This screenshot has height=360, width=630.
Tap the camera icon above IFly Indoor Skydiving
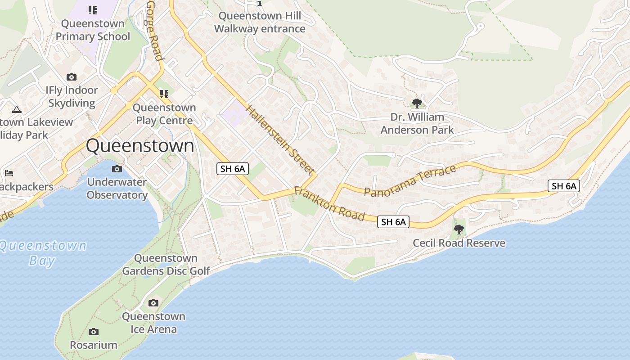[x=72, y=77]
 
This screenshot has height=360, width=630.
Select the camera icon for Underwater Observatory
[x=117, y=169]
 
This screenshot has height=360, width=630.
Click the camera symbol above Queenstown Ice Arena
[x=153, y=303]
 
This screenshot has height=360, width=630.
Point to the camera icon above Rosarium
[x=94, y=332]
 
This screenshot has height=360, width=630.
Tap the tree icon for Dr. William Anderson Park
[x=417, y=103]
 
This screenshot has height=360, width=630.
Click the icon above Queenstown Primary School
[x=93, y=10]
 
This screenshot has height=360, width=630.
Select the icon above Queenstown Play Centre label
[x=164, y=94]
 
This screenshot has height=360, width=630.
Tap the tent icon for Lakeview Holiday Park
[x=17, y=109]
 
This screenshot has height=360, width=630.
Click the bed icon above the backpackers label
[x=9, y=173]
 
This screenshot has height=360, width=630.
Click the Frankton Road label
[x=329, y=203]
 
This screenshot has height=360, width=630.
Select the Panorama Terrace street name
[x=410, y=181]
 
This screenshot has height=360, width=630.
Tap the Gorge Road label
[x=154, y=30]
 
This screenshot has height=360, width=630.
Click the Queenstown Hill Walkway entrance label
[x=260, y=22]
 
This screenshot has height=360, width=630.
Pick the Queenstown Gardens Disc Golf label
[x=166, y=265]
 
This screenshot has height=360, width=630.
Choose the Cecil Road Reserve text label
[x=459, y=243]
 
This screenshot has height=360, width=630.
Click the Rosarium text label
[x=94, y=345]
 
